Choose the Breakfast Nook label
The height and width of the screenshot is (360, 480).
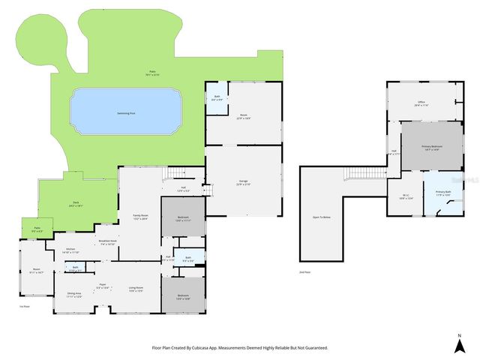[x=107, y=241]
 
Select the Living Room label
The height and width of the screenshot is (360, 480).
[x=136, y=287]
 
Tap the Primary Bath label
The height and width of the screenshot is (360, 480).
[x=442, y=192]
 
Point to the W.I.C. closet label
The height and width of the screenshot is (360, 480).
[x=405, y=196]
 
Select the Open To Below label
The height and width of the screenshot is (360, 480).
[x=322, y=217]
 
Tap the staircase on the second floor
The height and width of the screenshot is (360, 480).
[x=358, y=175]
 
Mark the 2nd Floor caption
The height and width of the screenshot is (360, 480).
[x=305, y=271]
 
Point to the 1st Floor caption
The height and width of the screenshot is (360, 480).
[x=23, y=306]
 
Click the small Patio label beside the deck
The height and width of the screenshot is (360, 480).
[x=37, y=228]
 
